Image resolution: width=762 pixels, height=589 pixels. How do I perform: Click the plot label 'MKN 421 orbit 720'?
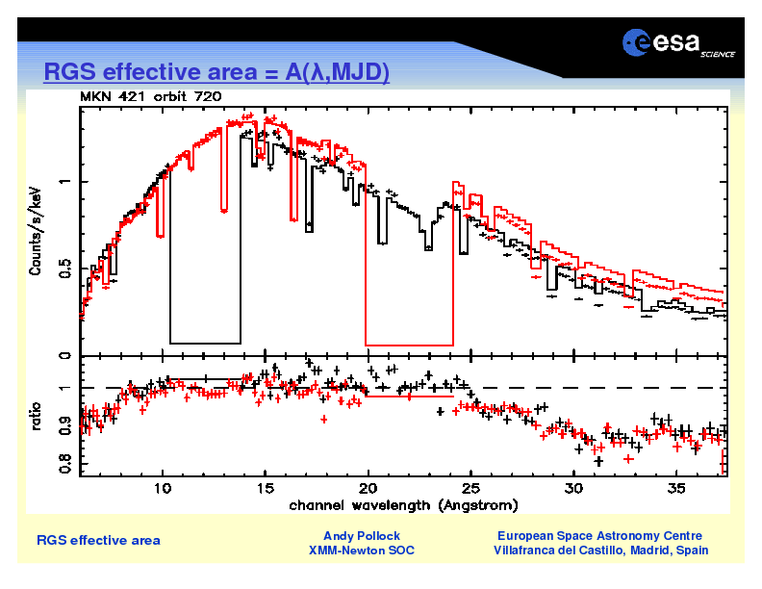[x=150, y=96]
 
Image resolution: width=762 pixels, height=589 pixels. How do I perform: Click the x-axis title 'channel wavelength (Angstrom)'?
[x=403, y=505]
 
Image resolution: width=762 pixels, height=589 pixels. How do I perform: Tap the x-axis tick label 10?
[x=164, y=489]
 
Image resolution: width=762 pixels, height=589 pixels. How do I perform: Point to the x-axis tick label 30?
[x=573, y=489]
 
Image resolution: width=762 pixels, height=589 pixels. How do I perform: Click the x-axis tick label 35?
[x=675, y=489]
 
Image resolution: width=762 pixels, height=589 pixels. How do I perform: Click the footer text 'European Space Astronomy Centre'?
[x=599, y=535]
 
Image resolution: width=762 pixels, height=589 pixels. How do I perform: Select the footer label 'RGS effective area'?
[x=98, y=540]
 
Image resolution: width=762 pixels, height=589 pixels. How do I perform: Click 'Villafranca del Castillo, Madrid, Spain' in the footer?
[x=600, y=551]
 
